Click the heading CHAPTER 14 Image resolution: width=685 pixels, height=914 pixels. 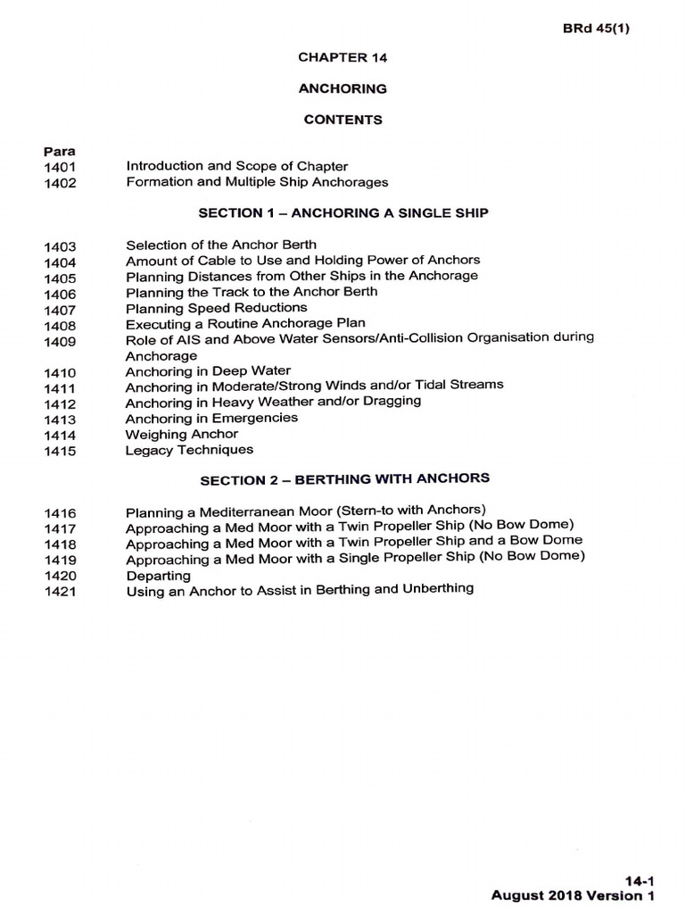point(342,57)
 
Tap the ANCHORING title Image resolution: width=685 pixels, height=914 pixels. point(342,88)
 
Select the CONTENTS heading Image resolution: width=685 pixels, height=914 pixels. point(342,120)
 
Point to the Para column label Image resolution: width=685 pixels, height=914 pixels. point(59,151)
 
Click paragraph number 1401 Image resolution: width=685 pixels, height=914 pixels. point(60,167)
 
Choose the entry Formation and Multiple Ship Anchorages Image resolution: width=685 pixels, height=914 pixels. point(257,182)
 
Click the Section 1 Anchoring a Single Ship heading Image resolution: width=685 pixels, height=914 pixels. point(342,213)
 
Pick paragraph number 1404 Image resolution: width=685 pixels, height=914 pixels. point(60,262)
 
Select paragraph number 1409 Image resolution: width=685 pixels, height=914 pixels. point(60,341)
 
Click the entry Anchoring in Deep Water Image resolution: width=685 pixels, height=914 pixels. point(208,370)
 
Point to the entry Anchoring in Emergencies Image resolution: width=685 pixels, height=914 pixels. point(211,418)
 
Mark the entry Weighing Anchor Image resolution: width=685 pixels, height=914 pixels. point(182,434)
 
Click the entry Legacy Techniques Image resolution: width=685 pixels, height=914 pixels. point(189,450)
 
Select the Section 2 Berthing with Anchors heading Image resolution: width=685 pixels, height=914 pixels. point(344,479)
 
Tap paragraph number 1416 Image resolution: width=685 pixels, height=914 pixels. point(60,513)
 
